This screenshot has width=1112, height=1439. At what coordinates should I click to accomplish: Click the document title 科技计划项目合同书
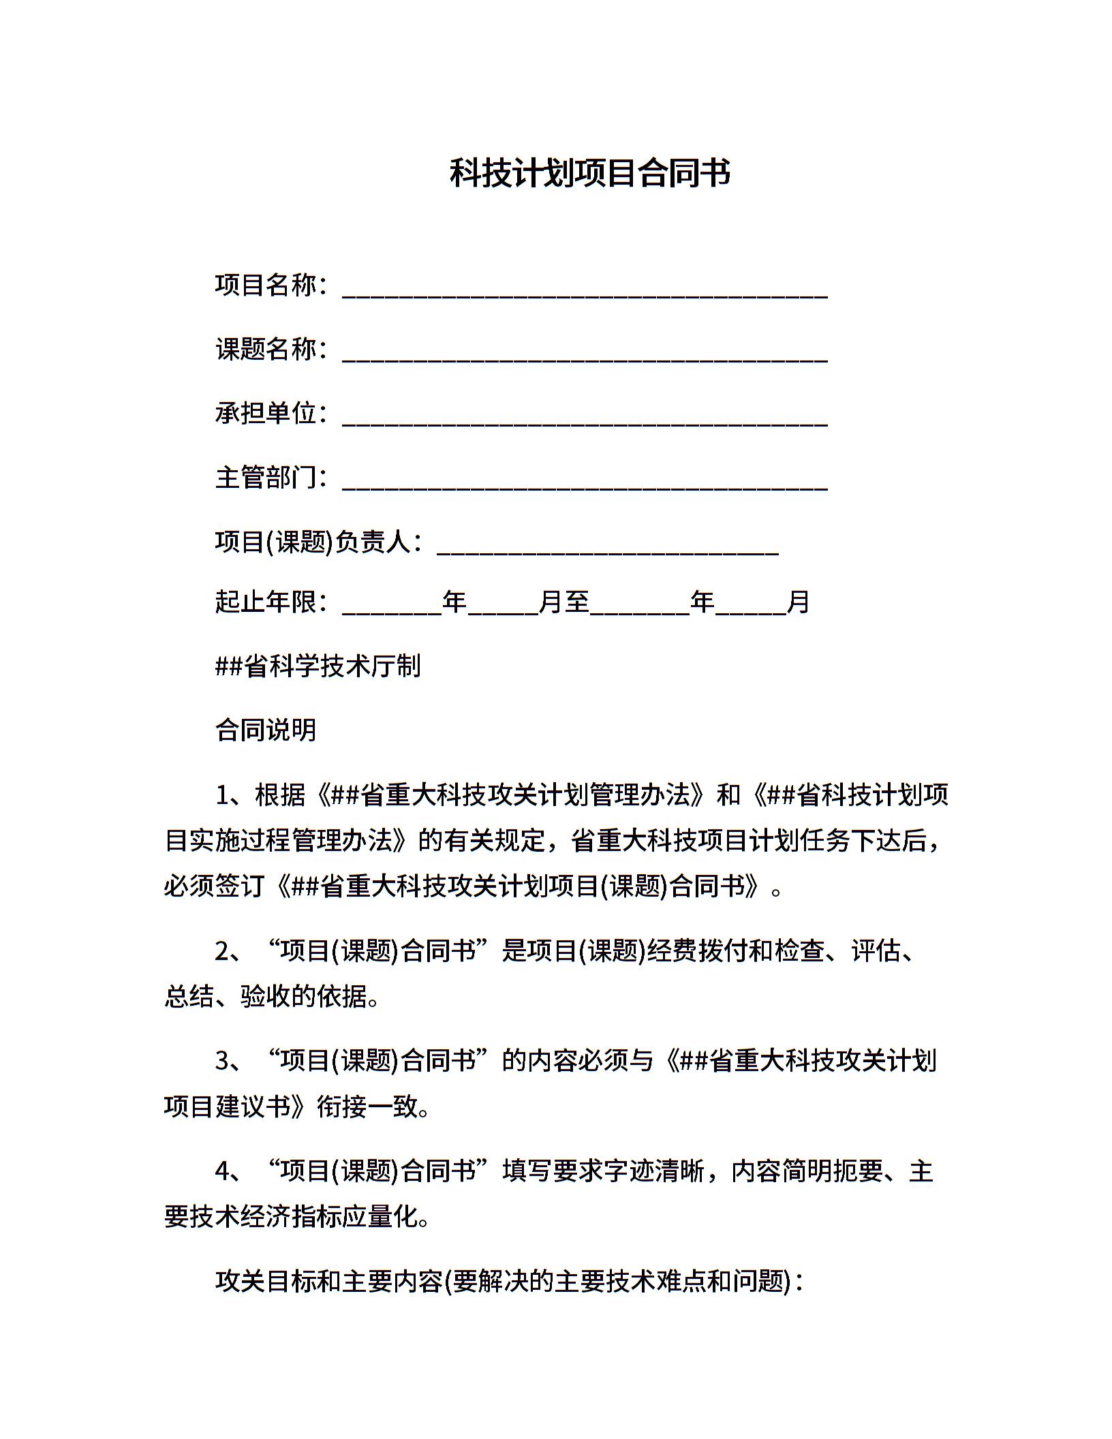pos(590,174)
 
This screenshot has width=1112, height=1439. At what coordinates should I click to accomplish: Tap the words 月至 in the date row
pos(563,602)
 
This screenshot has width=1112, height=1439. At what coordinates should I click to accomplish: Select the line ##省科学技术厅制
pos(318,666)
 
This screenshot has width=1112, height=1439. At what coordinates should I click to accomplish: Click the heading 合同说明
pos(266,730)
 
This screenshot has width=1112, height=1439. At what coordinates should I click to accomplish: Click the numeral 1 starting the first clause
pos(222,795)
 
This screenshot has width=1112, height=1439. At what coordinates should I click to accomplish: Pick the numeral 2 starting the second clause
pos(222,951)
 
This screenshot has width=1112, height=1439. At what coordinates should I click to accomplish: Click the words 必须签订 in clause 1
pos(214,886)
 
